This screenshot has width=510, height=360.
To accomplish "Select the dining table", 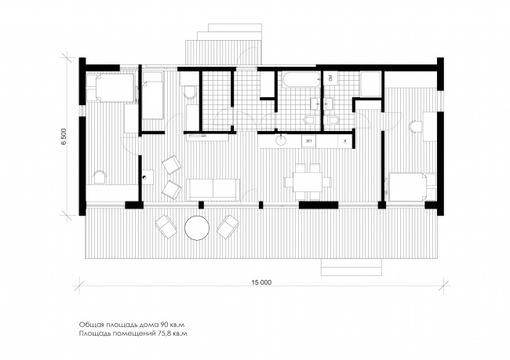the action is click(x=308, y=181).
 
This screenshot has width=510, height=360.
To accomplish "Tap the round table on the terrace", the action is click(x=197, y=228).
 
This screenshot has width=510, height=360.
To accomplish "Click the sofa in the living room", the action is click(x=213, y=189).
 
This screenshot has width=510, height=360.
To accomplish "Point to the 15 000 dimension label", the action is click(x=261, y=282).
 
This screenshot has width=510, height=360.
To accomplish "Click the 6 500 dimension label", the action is click(x=64, y=136).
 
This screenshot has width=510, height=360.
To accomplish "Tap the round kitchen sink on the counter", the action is click(x=280, y=140).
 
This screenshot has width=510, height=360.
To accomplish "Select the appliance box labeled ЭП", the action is click(x=308, y=141).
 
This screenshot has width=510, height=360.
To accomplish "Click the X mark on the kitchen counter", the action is click(x=345, y=141).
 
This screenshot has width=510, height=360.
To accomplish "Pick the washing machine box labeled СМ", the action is click(x=330, y=78).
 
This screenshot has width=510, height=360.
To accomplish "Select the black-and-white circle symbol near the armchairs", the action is click(x=144, y=177).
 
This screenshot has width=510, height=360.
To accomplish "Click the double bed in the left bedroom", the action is click(x=111, y=88).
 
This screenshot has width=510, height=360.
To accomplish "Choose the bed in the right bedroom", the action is click(x=408, y=187).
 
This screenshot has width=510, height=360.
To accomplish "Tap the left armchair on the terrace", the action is click(x=166, y=227).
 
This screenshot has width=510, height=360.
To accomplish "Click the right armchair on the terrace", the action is click(x=228, y=227).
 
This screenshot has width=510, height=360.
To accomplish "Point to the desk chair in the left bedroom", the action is click(x=99, y=177).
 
